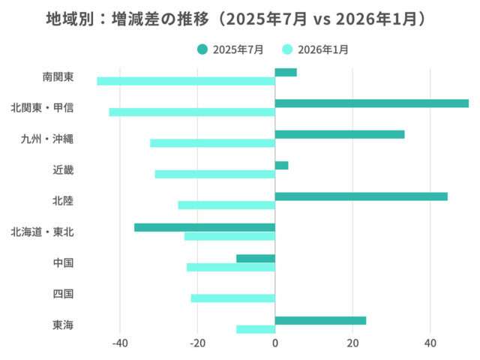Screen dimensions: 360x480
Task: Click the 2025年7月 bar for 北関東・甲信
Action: coord(371,103)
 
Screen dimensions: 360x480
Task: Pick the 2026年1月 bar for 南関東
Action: coord(186,81)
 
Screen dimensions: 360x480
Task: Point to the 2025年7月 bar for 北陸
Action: coord(361,196)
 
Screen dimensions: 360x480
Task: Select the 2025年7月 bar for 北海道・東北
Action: coord(205,227)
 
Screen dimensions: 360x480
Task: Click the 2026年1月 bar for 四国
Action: coord(233,298)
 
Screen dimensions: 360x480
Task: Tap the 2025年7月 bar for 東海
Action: coord(320,320)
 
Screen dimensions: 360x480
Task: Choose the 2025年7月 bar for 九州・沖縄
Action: coord(340,134)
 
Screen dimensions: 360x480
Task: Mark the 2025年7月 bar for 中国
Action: coord(256,259)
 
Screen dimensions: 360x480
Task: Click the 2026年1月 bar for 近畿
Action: coord(215,174)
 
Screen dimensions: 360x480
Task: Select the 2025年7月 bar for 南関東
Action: coord(286,73)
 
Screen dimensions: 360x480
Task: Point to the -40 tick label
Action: coord(120,343)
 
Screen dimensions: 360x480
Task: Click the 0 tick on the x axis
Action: coord(275,343)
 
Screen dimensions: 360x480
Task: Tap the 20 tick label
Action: coord(352,343)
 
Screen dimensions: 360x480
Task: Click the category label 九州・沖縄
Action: coord(47,139)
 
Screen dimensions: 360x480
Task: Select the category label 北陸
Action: coord(63,201)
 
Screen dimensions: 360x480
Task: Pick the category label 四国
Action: coord(63,294)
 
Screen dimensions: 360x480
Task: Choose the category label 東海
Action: coord(63,325)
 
